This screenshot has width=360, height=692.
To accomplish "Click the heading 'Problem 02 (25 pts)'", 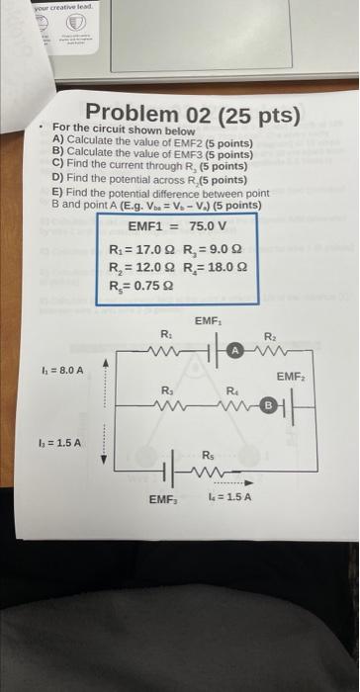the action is (x=192, y=116).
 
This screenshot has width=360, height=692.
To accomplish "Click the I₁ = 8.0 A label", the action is (x=62, y=370).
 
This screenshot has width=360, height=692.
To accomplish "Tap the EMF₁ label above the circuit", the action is (x=208, y=322).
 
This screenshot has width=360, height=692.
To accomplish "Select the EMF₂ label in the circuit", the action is (x=290, y=377).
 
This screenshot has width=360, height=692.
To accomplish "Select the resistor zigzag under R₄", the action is (x=234, y=404).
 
